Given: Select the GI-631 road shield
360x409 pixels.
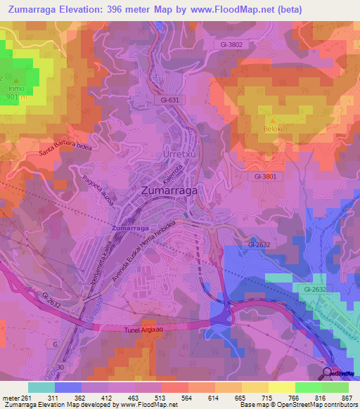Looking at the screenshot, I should click(x=170, y=100).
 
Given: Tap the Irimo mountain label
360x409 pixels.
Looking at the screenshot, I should click(x=15, y=89).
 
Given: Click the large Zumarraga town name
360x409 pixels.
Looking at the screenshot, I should click(x=169, y=190).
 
